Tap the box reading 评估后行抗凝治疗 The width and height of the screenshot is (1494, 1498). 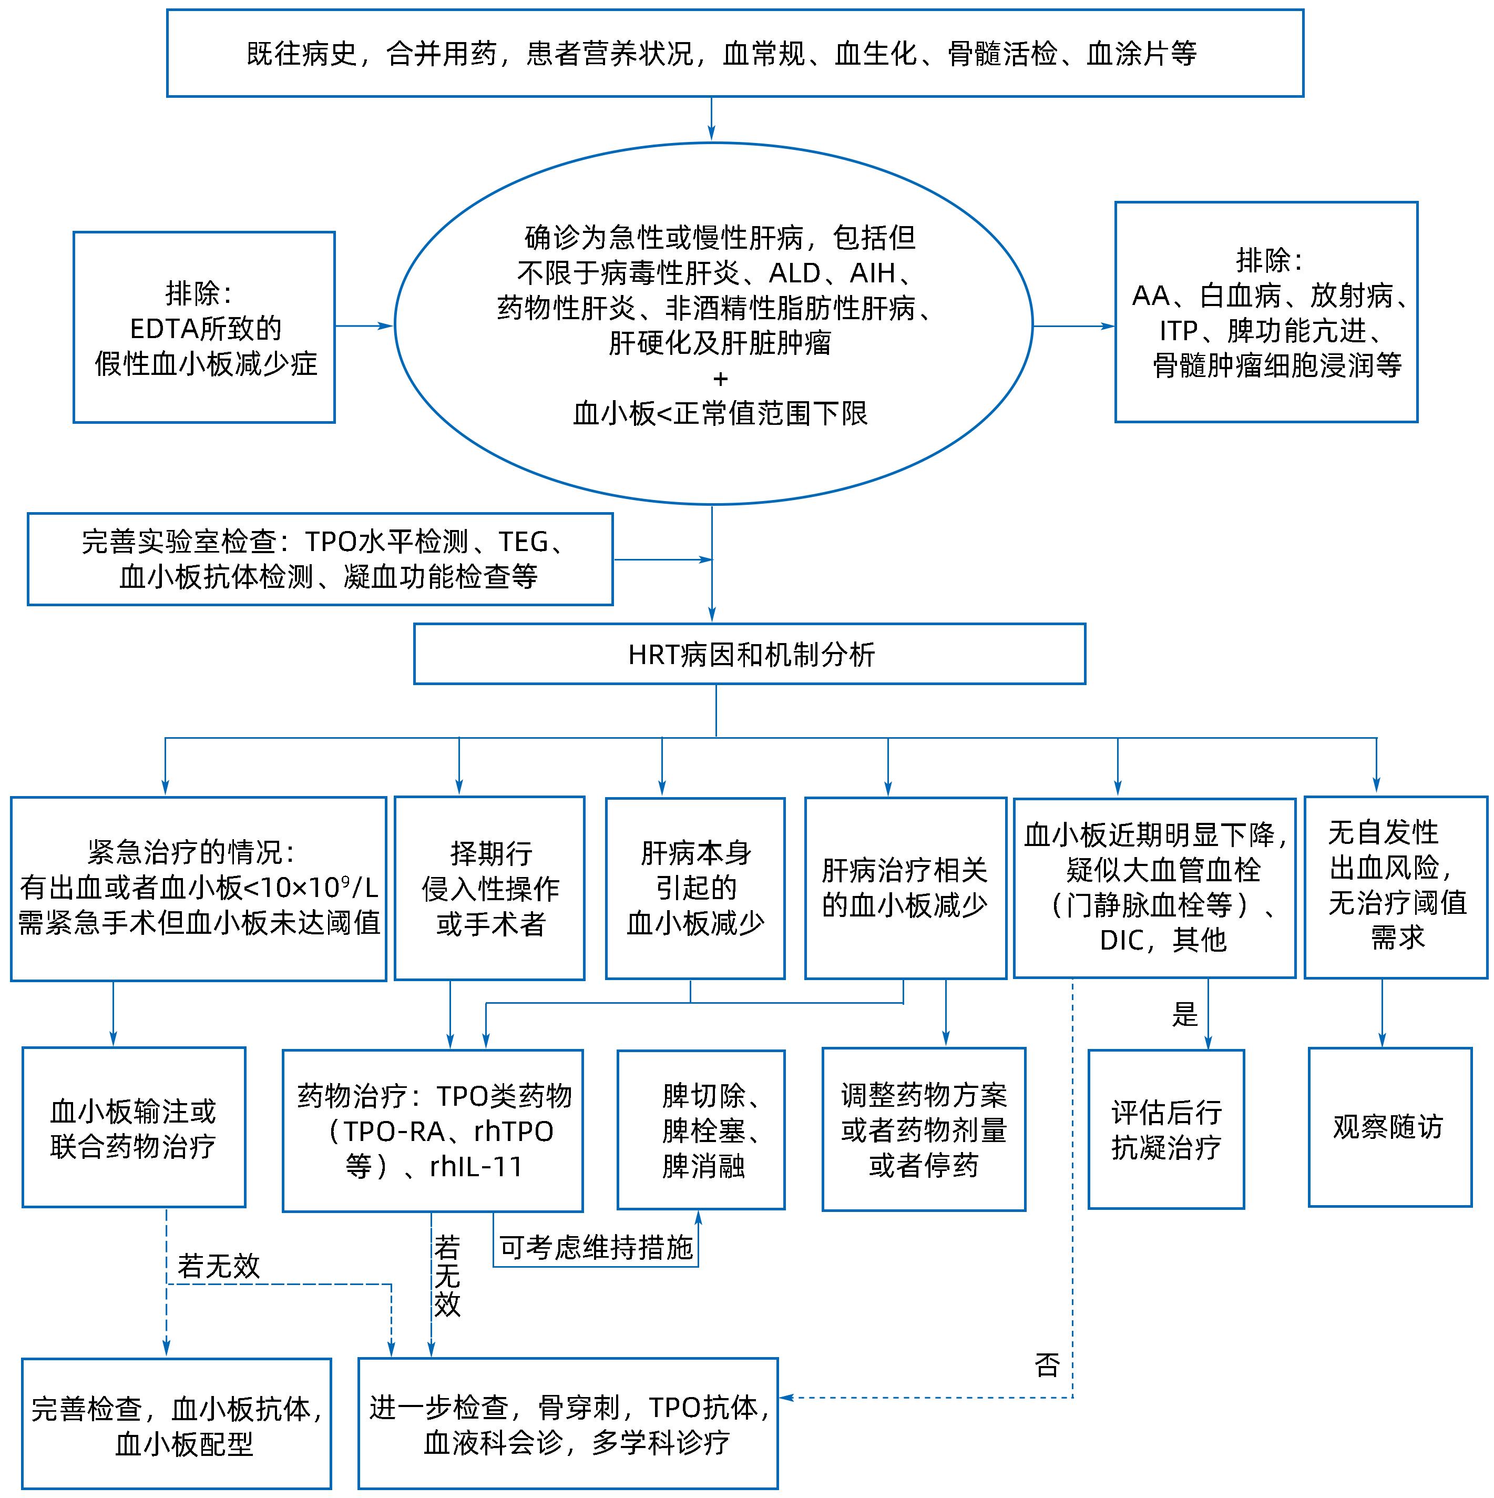1165,1129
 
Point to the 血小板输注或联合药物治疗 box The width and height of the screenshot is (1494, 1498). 134,1127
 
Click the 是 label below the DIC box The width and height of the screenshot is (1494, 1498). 1185,1014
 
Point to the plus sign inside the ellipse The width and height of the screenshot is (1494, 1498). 720,379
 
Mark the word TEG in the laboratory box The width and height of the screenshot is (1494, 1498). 523,541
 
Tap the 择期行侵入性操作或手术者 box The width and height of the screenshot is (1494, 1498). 489,888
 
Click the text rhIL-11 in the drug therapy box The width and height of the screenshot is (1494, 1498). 476,1167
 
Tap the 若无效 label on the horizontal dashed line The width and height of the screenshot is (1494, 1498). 219,1266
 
